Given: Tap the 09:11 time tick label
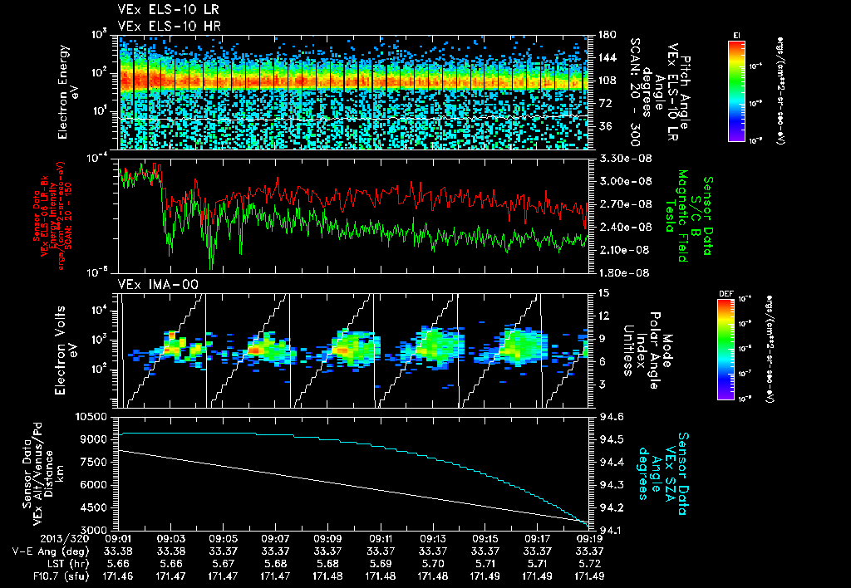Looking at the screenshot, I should (x=381, y=539).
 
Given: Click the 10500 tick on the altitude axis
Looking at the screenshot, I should (x=94, y=416).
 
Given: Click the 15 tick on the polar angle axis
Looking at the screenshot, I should (x=603, y=293).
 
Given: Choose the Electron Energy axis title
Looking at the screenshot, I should (x=67, y=91).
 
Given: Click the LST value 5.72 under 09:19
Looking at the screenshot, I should (x=589, y=562).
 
